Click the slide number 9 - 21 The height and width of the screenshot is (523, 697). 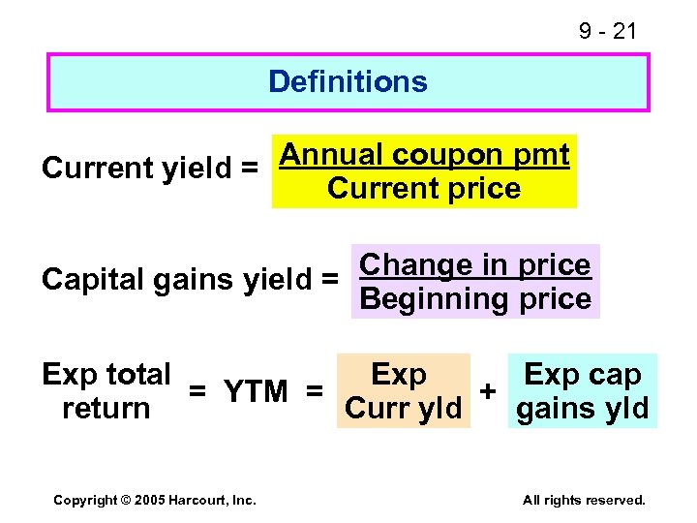(x=608, y=31)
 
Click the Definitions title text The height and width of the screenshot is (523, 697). (x=348, y=81)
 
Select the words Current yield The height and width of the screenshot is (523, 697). (x=135, y=169)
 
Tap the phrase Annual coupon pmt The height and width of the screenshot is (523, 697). (x=424, y=155)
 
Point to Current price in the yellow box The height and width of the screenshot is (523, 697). (x=424, y=188)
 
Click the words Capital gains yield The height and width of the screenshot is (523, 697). (x=179, y=280)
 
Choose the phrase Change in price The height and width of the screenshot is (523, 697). (x=474, y=264)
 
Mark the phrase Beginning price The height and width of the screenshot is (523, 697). (x=474, y=298)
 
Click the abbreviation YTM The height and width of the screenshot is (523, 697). (x=256, y=391)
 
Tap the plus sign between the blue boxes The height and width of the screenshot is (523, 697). (x=490, y=390)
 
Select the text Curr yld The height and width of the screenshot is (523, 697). (x=403, y=409)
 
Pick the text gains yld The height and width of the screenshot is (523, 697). (x=582, y=409)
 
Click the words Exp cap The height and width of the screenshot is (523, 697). (x=582, y=375)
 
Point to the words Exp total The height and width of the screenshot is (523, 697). (x=106, y=374)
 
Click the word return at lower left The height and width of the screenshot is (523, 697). (x=106, y=409)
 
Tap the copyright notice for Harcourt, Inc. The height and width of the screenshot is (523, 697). (x=155, y=500)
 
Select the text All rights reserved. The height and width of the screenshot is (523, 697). (x=583, y=500)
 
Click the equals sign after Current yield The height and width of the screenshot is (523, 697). (x=250, y=169)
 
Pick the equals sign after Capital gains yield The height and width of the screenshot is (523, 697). (x=330, y=280)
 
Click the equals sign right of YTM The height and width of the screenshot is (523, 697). (x=315, y=391)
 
